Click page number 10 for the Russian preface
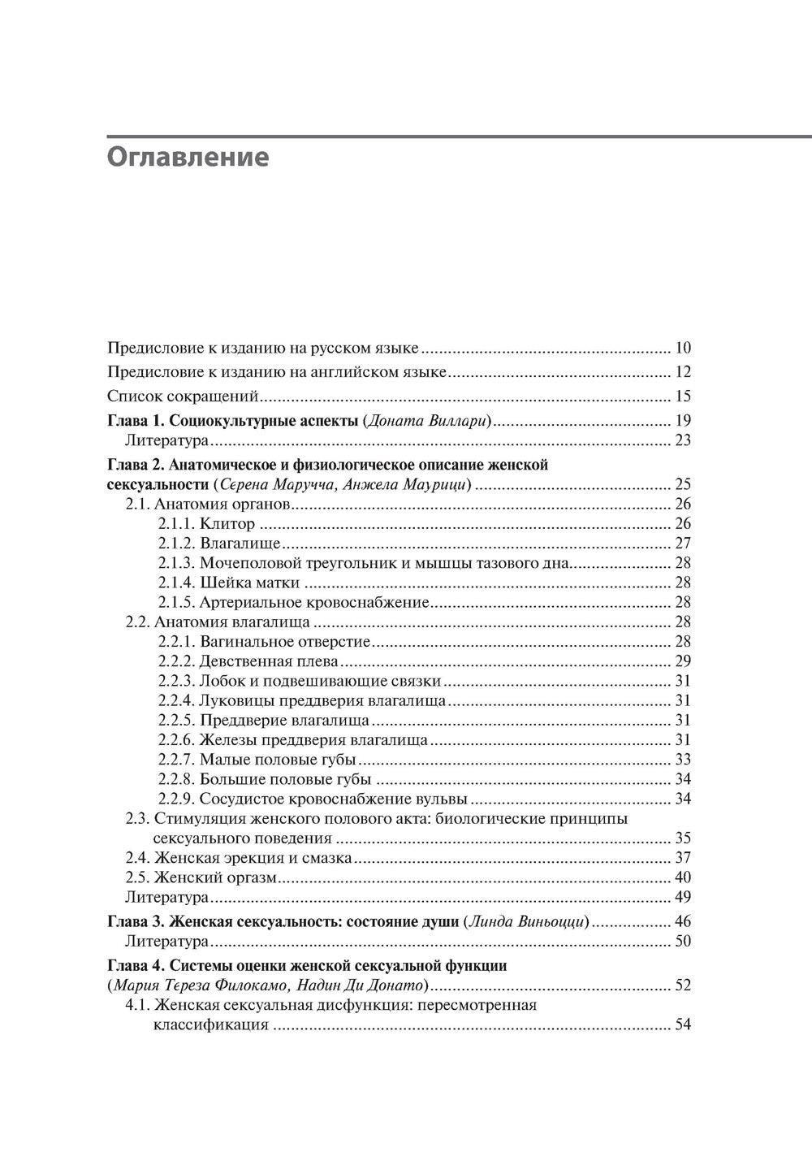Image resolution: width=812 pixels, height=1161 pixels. [x=682, y=349]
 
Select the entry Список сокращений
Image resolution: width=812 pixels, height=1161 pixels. [x=183, y=396]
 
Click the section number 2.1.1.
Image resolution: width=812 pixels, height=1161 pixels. [x=175, y=524]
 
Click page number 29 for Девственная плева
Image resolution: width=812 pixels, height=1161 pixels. [x=682, y=661]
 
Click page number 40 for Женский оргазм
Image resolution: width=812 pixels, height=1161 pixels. [x=682, y=877]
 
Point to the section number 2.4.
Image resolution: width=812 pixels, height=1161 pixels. [x=137, y=858]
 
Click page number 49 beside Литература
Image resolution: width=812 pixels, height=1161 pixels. [x=682, y=897]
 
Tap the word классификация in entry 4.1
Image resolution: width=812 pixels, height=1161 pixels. [x=210, y=1025]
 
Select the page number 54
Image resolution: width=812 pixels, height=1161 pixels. [x=682, y=1025]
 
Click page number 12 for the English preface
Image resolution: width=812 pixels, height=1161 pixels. [x=682, y=373]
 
